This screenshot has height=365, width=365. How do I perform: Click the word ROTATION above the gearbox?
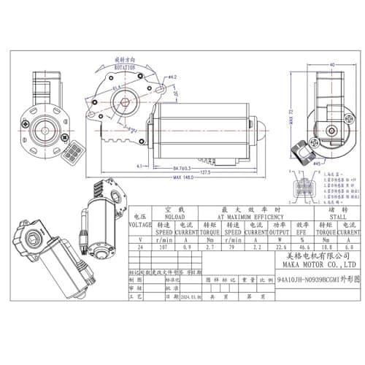tap(125, 66)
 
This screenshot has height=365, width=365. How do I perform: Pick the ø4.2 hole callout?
tap(173, 76)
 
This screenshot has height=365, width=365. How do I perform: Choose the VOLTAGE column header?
tap(140, 225)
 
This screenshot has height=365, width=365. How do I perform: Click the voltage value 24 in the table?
tap(140, 247)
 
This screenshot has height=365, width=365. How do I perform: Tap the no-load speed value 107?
tap(164, 247)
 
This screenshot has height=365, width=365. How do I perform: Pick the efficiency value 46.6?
tap(301, 247)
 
